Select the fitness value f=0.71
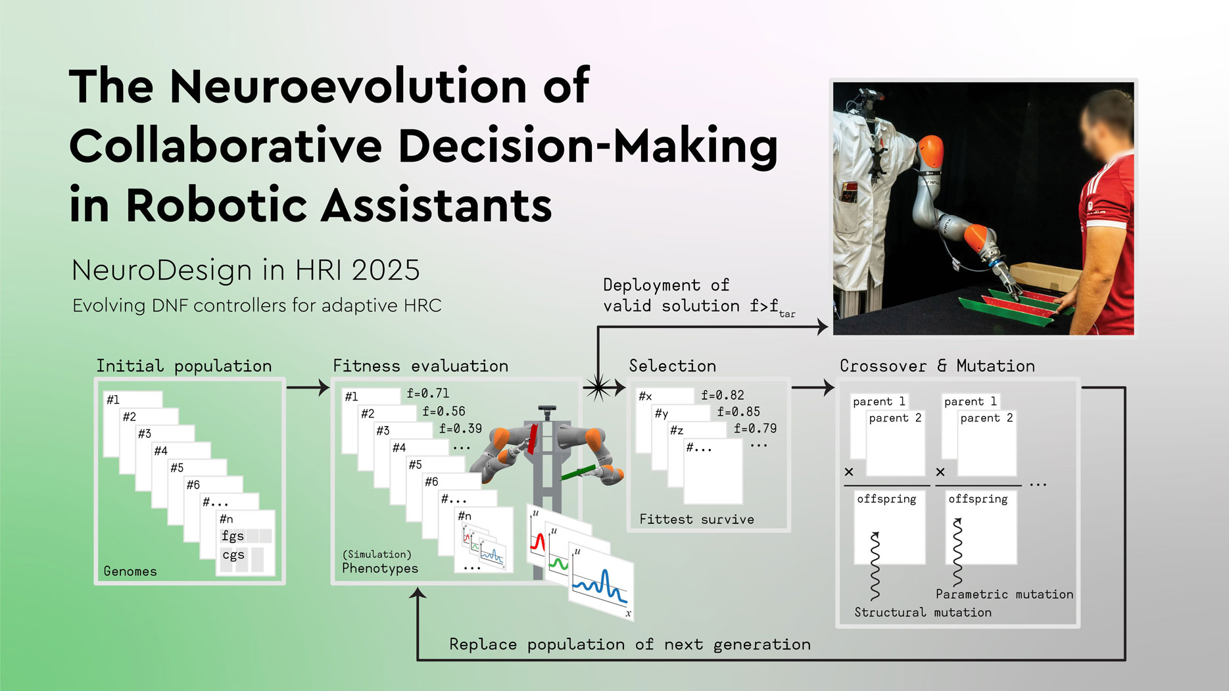[x=428, y=393]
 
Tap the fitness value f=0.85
[x=738, y=412]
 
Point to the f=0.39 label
[x=460, y=429]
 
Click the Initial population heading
[x=184, y=366]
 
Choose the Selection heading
[x=673, y=366]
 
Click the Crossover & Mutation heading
[x=937, y=366]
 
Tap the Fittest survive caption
[x=697, y=519]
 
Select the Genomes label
[x=130, y=571]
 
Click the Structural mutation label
[x=923, y=612]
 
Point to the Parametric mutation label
[x=1004, y=594]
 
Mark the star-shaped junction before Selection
[x=598, y=387]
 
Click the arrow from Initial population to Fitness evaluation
[x=308, y=387]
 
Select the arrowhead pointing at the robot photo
[x=822, y=326]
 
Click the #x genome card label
[x=645, y=396]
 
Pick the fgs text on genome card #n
[x=233, y=536]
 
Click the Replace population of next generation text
[x=630, y=644]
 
